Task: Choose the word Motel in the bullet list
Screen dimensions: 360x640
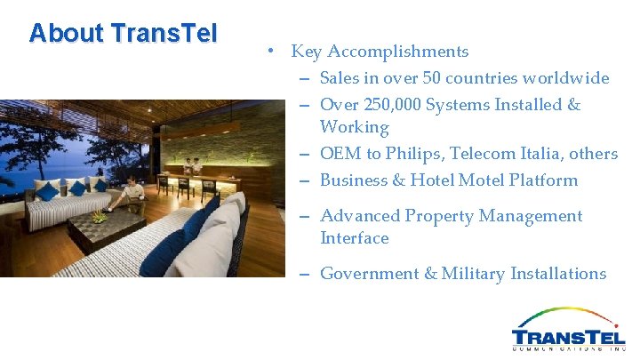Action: (481, 180)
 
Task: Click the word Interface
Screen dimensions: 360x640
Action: (354, 238)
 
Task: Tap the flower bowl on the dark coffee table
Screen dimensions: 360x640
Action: (100, 216)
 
